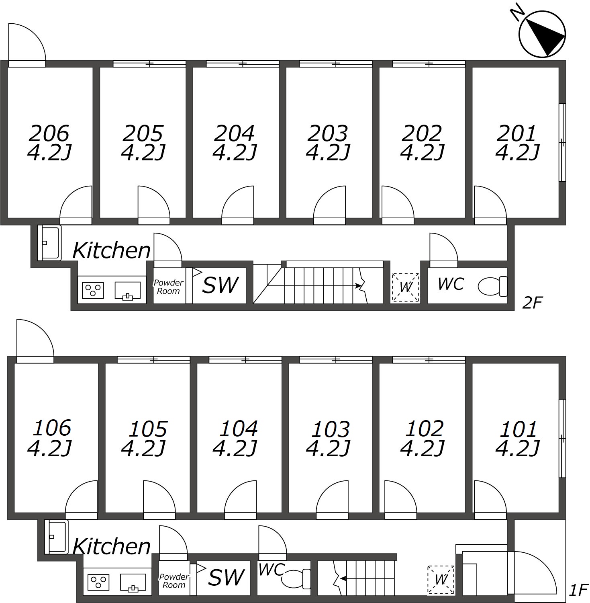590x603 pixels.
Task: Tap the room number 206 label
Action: [x=49, y=133]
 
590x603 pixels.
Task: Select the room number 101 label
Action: [x=518, y=429]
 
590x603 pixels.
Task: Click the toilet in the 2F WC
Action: [x=493, y=286]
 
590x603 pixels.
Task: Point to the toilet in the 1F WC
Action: [x=296, y=579]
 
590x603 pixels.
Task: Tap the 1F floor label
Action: [x=579, y=590]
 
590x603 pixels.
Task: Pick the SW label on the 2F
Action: [x=220, y=285]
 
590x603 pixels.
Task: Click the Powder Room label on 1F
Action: [x=174, y=581]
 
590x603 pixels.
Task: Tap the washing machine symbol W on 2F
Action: [x=405, y=287]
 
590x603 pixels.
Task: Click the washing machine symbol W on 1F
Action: [x=441, y=579]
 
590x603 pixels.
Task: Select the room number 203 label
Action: [x=328, y=133]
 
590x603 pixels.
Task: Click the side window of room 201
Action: [x=562, y=142]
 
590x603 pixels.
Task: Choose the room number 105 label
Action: [x=148, y=429]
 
